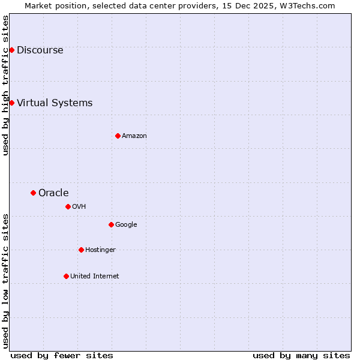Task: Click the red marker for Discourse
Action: pos(11,50)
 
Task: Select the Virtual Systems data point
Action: pos(11,103)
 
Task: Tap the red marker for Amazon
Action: pos(118,136)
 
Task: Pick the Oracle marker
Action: pos(33,193)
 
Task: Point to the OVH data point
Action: pos(68,206)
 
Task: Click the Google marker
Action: pos(111,224)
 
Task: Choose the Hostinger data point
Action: pos(81,250)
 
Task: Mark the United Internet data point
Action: pos(66,276)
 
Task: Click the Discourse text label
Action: pos(40,50)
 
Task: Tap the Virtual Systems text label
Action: pos(55,103)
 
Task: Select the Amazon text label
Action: pos(134,136)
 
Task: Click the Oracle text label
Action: pos(53,193)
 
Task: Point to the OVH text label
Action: pos(79,207)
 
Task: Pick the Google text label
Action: pos(126,225)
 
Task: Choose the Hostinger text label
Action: pos(100,250)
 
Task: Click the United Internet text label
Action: pos(95,277)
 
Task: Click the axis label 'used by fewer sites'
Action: pos(62,355)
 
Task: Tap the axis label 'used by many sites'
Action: pos(301,355)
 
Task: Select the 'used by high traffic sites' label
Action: pos(5,85)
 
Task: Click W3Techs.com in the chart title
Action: pos(306,5)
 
